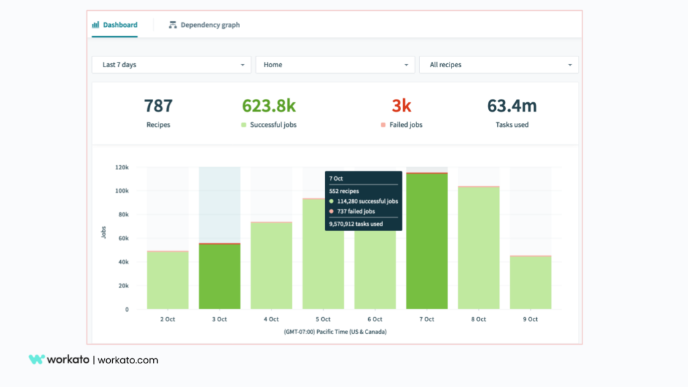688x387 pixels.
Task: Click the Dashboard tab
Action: tap(115, 25)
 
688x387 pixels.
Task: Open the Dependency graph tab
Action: tap(204, 25)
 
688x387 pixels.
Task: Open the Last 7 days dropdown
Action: tap(171, 64)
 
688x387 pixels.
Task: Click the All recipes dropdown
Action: tap(499, 64)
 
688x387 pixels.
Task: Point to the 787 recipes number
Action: tap(158, 106)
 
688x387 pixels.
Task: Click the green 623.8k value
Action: tap(269, 106)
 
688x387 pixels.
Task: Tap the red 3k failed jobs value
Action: tap(401, 106)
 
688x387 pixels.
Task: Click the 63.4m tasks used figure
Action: tap(512, 106)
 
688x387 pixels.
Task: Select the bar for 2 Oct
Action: tap(168, 280)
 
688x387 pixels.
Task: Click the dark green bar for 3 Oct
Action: tap(220, 276)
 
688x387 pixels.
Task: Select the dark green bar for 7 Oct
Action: tap(427, 242)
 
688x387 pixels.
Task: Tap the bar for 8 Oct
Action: tap(478, 248)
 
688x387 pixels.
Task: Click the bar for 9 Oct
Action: tap(530, 283)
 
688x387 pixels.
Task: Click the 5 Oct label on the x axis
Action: tap(323, 319)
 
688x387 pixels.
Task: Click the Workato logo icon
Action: tap(36, 359)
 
